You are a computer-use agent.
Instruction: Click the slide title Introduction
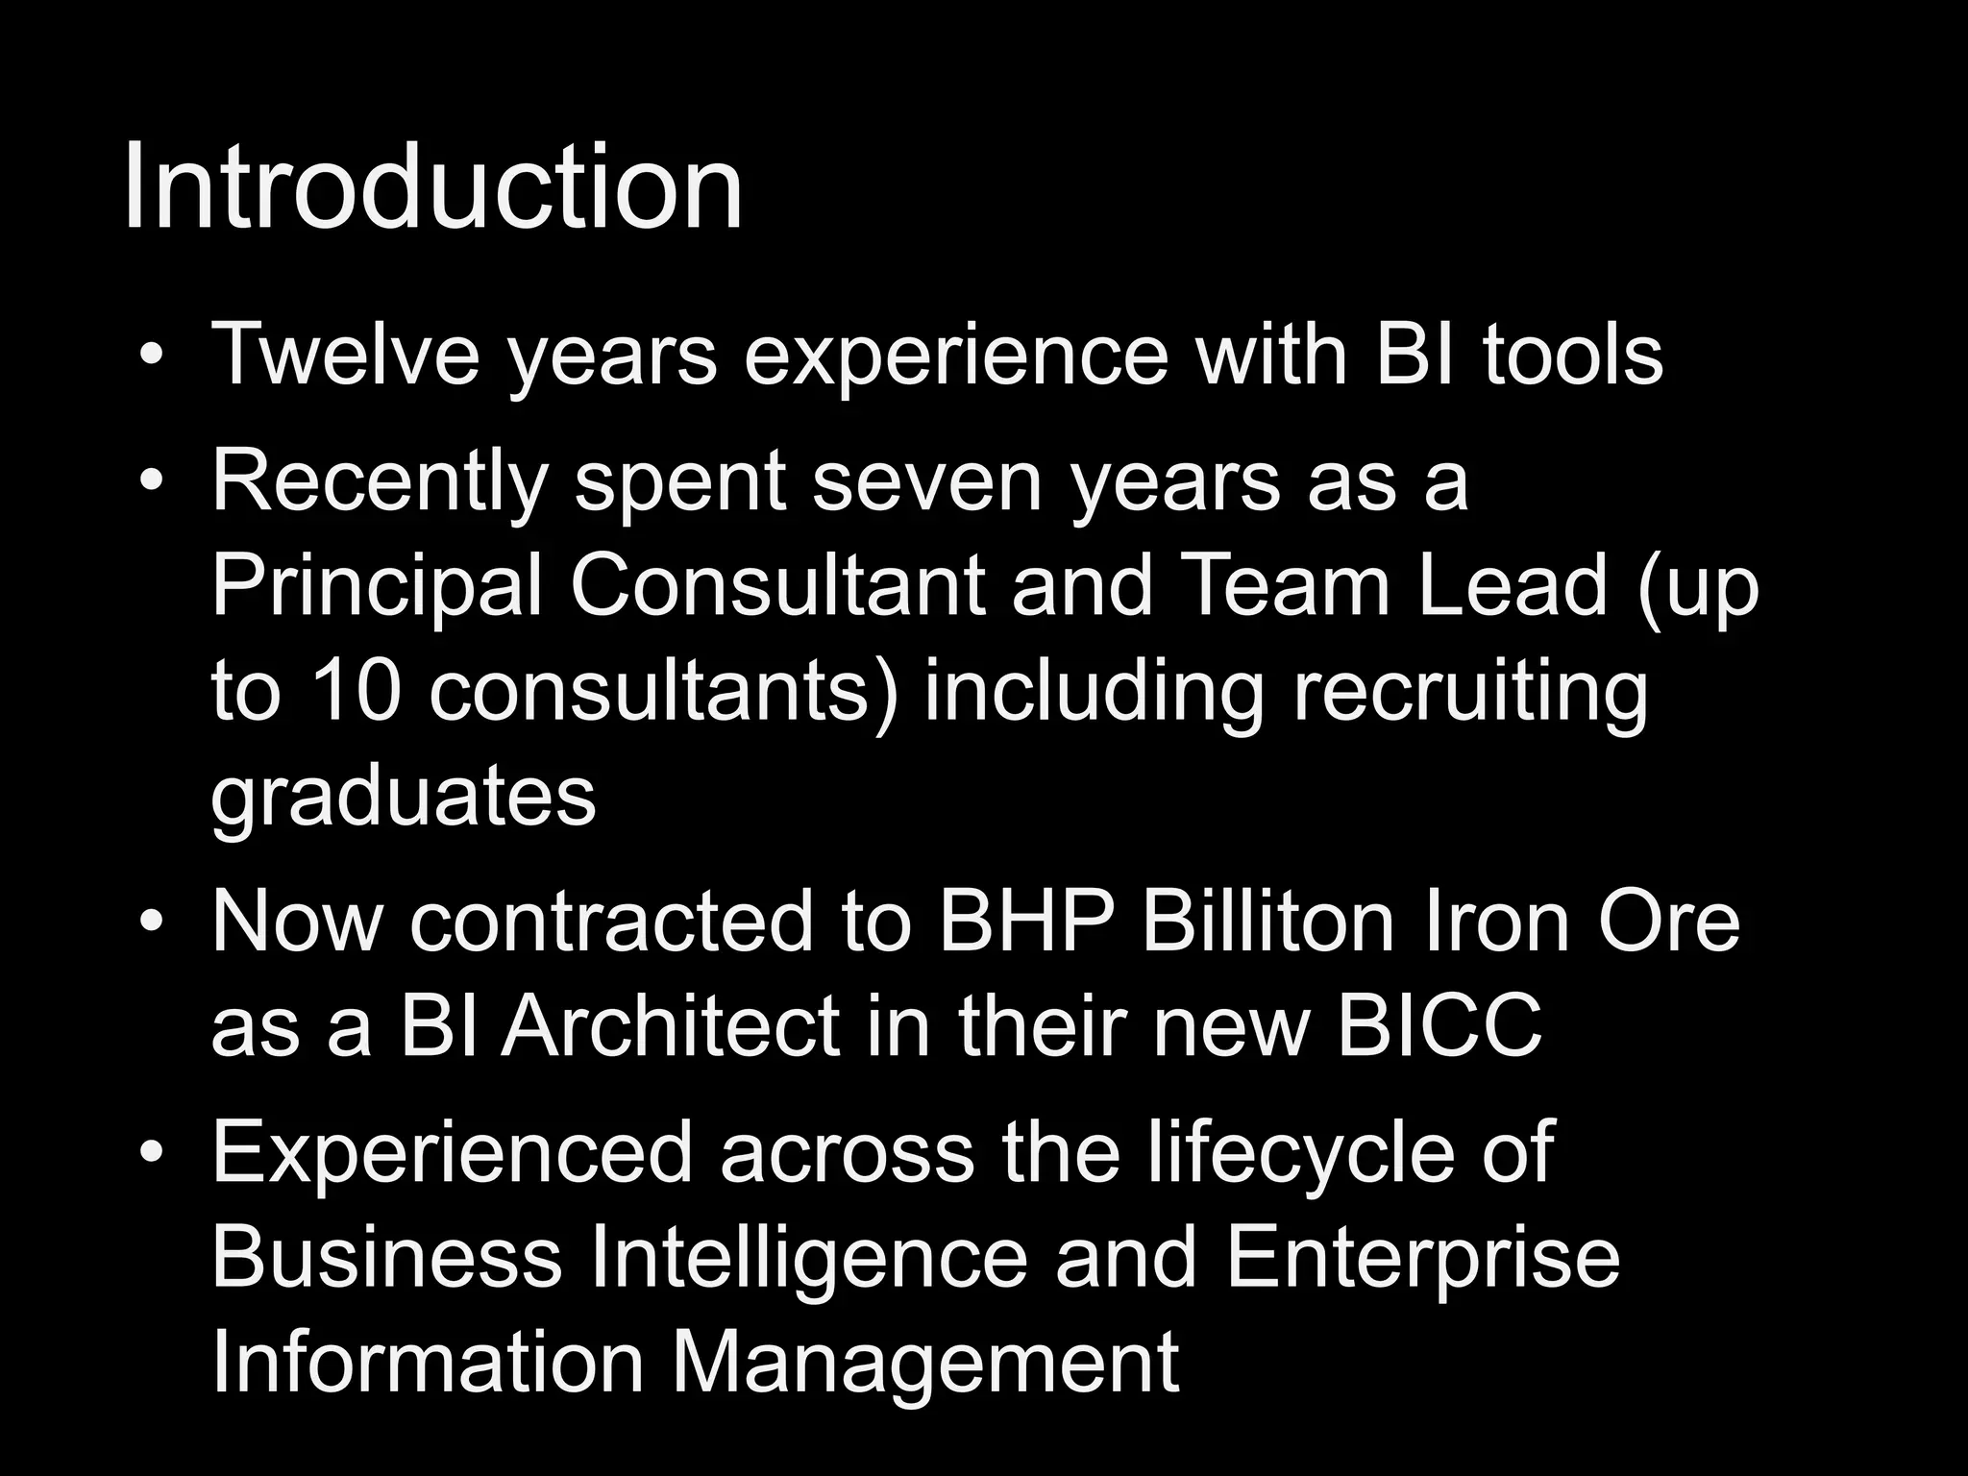click(432, 187)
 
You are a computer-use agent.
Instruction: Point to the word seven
click(927, 482)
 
